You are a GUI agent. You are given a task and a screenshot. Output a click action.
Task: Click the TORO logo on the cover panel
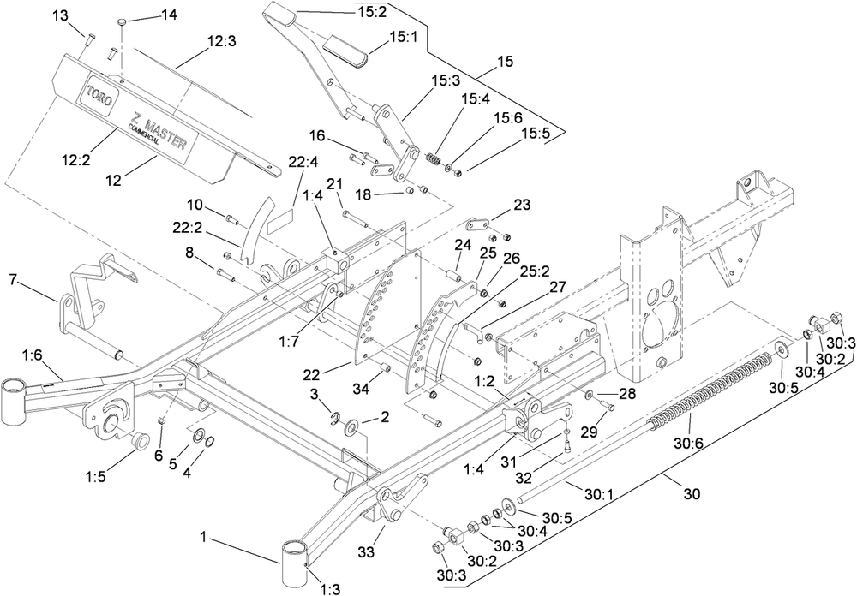coord(99,96)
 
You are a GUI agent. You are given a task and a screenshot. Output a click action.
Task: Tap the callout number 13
coord(61,16)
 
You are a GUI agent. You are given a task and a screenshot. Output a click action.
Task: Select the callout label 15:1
coord(404,37)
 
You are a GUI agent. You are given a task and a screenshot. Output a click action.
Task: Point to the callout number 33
coord(366,551)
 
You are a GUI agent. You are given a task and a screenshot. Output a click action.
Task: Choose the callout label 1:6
coord(33,355)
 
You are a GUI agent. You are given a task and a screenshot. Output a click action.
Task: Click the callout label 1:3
coord(330,589)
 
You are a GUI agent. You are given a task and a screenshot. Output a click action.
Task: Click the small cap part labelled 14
coord(123,21)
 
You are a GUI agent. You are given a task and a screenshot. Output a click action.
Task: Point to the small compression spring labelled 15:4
coord(434,160)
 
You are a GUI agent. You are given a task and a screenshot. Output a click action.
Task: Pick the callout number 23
coord(522,205)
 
